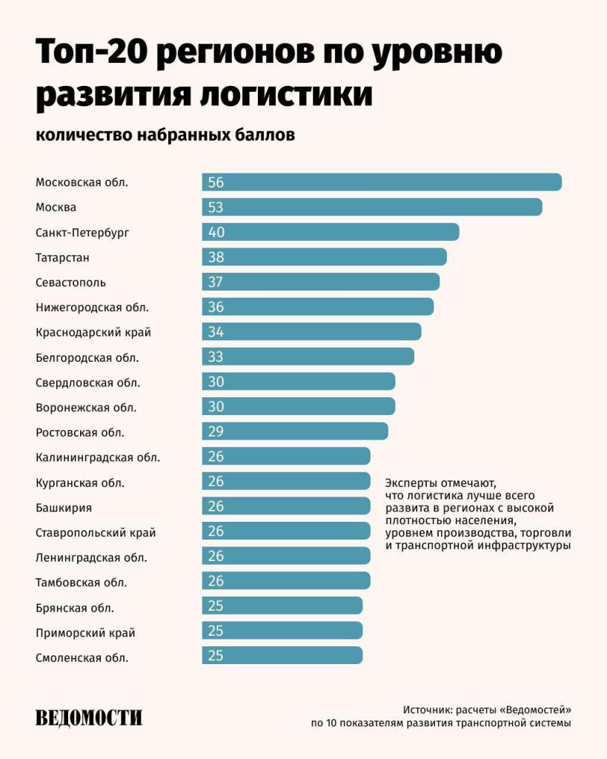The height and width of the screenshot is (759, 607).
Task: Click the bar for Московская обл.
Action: point(382,182)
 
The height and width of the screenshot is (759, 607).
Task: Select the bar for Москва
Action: point(372,208)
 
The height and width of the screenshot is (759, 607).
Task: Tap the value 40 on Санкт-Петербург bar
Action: point(216,233)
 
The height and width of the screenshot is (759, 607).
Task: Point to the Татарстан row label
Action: point(62,258)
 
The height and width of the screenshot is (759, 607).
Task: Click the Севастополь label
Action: point(70,282)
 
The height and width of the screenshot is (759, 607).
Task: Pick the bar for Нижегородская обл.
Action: point(318,307)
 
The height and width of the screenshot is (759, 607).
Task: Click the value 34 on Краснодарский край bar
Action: point(216,332)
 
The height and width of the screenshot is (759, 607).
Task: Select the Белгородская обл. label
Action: point(87,357)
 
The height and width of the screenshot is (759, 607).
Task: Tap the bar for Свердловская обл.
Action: point(299,382)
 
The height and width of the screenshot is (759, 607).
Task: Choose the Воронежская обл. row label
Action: point(86,408)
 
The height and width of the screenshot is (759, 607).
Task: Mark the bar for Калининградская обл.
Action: point(286,457)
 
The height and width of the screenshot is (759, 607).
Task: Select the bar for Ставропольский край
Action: point(286,531)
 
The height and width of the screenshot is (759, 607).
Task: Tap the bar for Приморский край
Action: point(282,631)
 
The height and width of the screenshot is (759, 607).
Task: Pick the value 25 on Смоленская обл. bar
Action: point(216,656)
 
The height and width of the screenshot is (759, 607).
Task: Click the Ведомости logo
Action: point(88,717)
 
